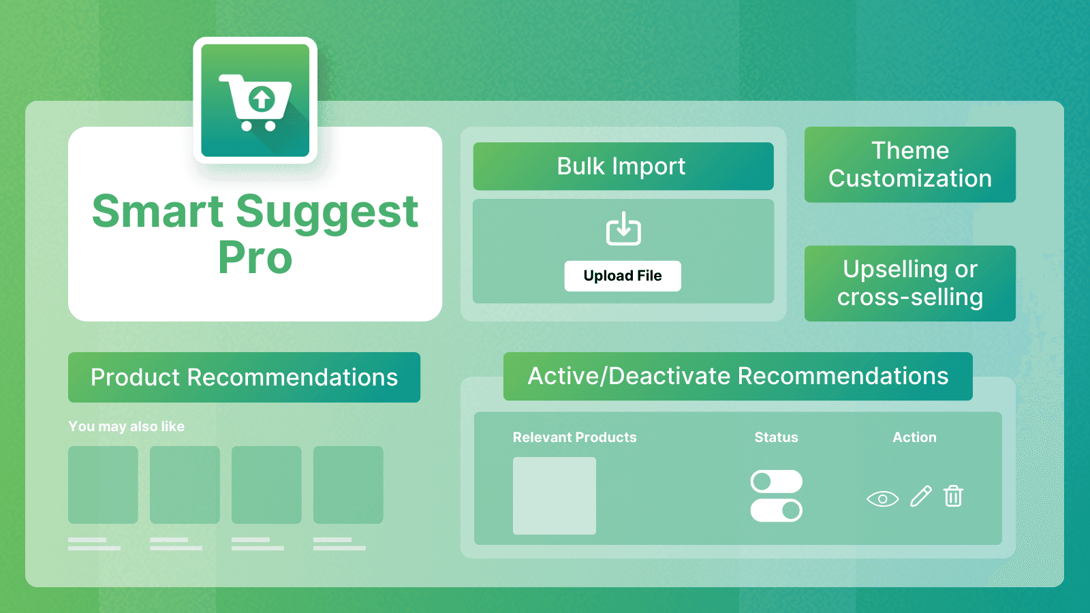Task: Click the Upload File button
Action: pos(623,276)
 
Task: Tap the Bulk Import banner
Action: pos(623,166)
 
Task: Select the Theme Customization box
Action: pos(909,164)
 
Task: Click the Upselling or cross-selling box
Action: pos(909,283)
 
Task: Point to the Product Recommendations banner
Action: pos(244,377)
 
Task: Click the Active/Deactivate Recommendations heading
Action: pos(738,376)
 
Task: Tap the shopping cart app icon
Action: pos(255,101)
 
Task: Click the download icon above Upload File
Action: pos(623,229)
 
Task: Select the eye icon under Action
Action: pos(882,499)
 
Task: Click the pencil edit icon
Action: pos(920,497)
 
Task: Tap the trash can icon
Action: pos(953,496)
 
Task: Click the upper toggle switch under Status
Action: pos(776,482)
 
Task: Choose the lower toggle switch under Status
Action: pos(776,510)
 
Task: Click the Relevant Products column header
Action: pos(574,437)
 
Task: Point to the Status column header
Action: pos(776,437)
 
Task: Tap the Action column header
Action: pos(914,437)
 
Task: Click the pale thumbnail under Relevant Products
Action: pos(554,496)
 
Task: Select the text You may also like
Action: pos(126,426)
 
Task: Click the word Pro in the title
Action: pos(255,258)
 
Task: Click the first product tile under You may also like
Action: pos(103,485)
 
